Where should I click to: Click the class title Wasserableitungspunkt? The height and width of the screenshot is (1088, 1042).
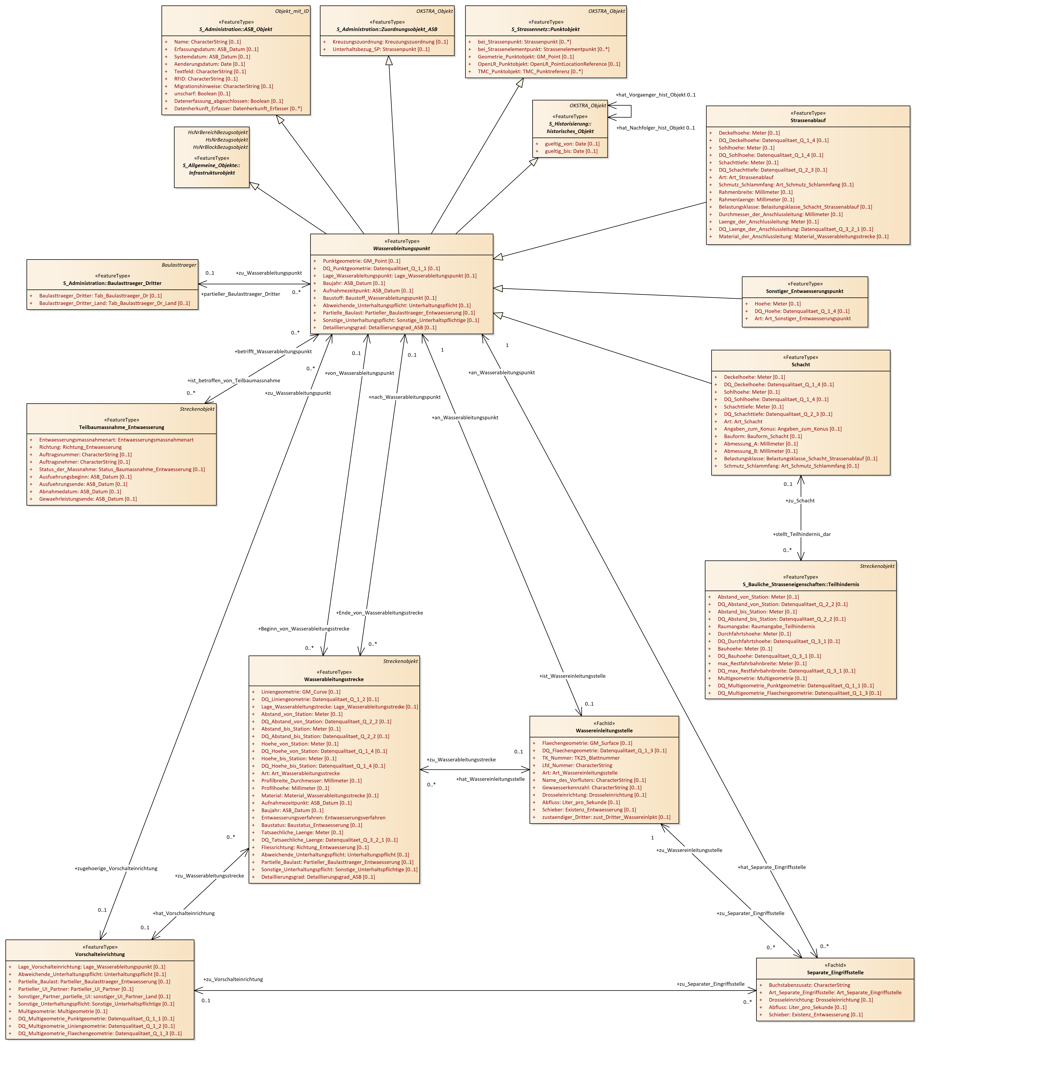(401, 249)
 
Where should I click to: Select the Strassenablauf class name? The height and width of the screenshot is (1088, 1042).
(808, 121)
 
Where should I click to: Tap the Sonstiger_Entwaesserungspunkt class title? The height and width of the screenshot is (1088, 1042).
(804, 291)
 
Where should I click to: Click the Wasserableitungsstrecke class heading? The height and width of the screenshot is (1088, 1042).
(334, 679)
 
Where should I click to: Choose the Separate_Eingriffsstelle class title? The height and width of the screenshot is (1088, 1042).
(835, 973)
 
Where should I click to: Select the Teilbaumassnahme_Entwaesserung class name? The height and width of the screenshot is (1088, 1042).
(122, 427)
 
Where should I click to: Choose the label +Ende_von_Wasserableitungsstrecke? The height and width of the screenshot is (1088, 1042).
(379, 613)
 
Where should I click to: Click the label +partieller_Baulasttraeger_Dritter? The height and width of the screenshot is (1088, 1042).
(241, 294)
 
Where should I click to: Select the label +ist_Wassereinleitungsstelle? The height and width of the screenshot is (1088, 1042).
(572, 676)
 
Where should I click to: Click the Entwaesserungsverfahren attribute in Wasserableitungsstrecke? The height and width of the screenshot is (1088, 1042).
(323, 818)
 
